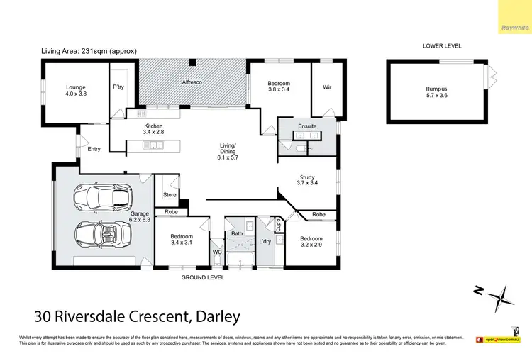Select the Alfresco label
pyautogui.click(x=193, y=83)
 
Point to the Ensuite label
pyautogui.click(x=307, y=127)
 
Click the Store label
pyautogui.click(x=169, y=194)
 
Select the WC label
pyautogui.click(x=217, y=252)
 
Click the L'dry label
pyautogui.click(x=265, y=242)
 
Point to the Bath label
pyautogui.click(x=237, y=233)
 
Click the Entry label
pyautogui.click(x=94, y=149)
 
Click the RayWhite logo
pyautogui.click(x=514, y=28)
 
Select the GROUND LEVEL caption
pyautogui.click(x=204, y=278)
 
